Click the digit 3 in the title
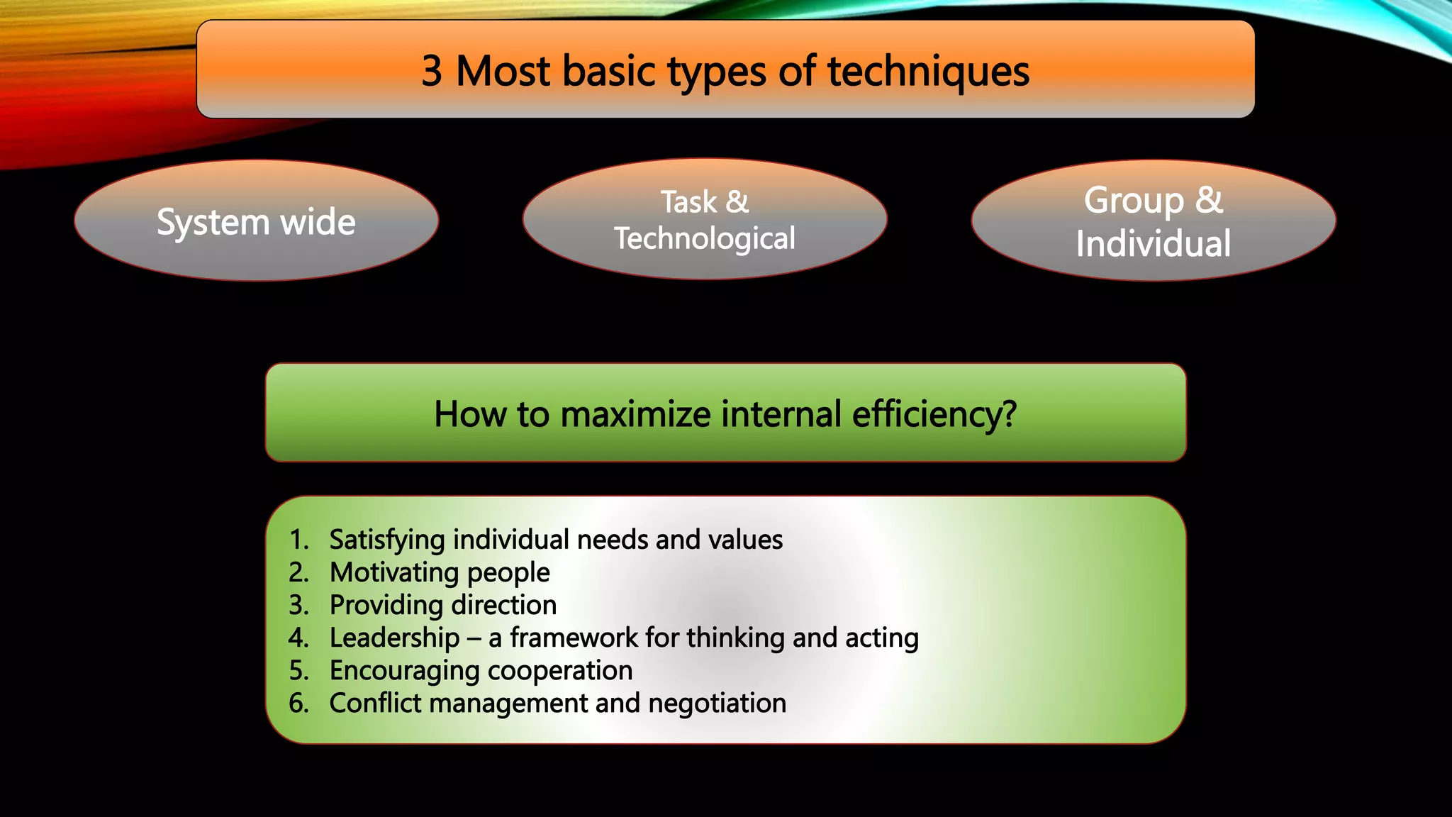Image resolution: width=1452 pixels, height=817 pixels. click(x=432, y=72)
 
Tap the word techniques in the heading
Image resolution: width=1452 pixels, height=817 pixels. click(x=928, y=72)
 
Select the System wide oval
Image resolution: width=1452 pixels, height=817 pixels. click(x=256, y=221)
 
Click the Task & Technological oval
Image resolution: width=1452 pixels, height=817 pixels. click(x=704, y=219)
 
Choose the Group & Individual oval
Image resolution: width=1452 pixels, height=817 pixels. click(x=1153, y=221)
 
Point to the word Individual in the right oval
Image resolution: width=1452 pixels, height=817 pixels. click(x=1153, y=244)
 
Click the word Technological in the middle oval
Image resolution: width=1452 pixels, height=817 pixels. click(x=704, y=238)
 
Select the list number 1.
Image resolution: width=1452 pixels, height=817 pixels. click(x=298, y=540)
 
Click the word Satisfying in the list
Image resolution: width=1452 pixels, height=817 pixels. click(x=386, y=540)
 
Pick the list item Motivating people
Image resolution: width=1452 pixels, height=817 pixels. click(x=440, y=573)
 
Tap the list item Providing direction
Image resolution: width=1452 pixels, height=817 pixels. click(x=443, y=606)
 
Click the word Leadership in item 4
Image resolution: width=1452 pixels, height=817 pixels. click(x=394, y=638)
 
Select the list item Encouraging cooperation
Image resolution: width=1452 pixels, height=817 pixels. click(x=481, y=671)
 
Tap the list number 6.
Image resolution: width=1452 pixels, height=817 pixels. click(x=298, y=704)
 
